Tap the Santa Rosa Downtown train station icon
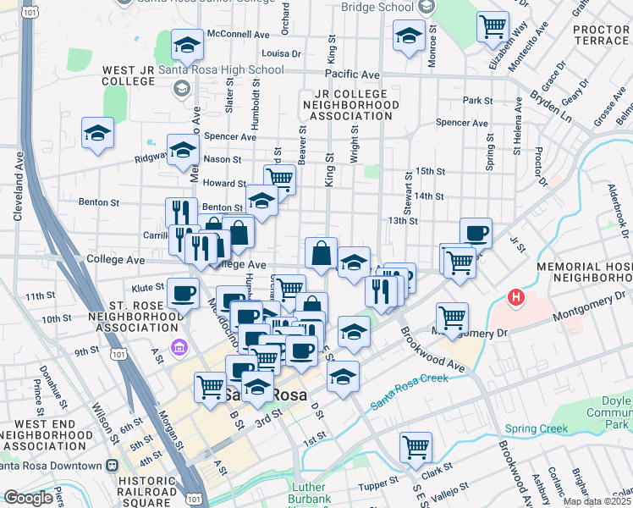coord(112,465)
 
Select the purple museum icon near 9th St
coord(178,347)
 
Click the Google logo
coord(28,498)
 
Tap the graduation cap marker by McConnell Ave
coord(187,43)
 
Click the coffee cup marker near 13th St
coord(476,232)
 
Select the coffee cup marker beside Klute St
coord(183,292)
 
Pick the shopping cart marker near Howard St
coord(279,178)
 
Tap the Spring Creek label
coord(537,428)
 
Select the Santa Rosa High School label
coord(221,69)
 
